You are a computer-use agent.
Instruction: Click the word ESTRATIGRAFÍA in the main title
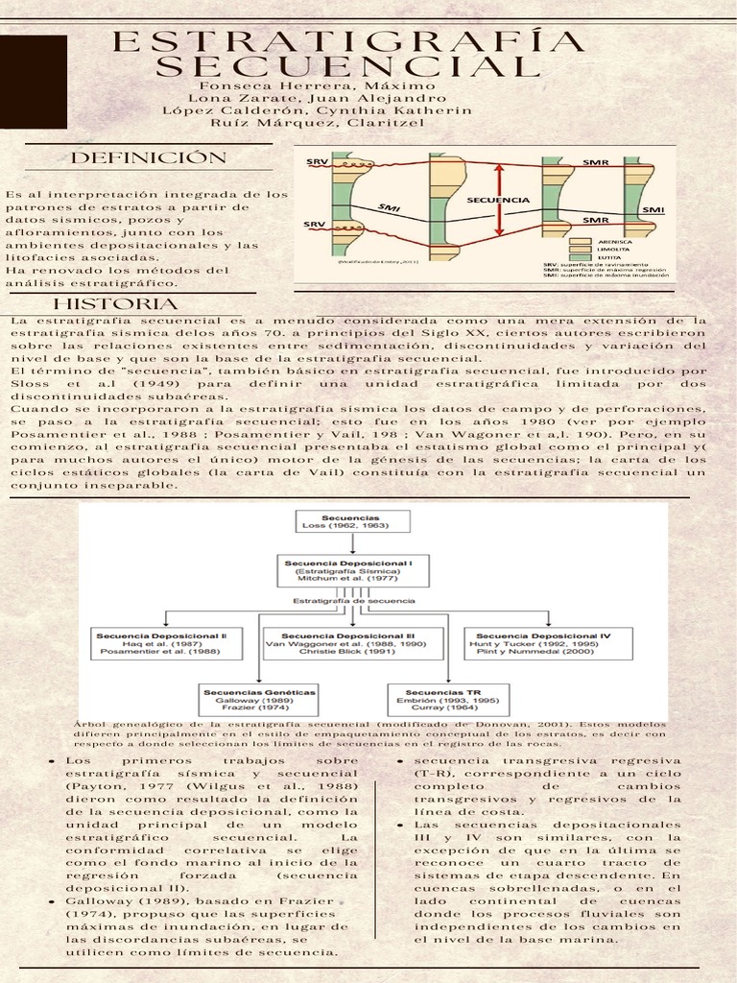pyautogui.click(x=348, y=42)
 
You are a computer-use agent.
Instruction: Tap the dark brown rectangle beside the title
pyautogui.click(x=34, y=83)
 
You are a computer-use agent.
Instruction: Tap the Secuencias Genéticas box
pyautogui.click(x=259, y=697)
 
